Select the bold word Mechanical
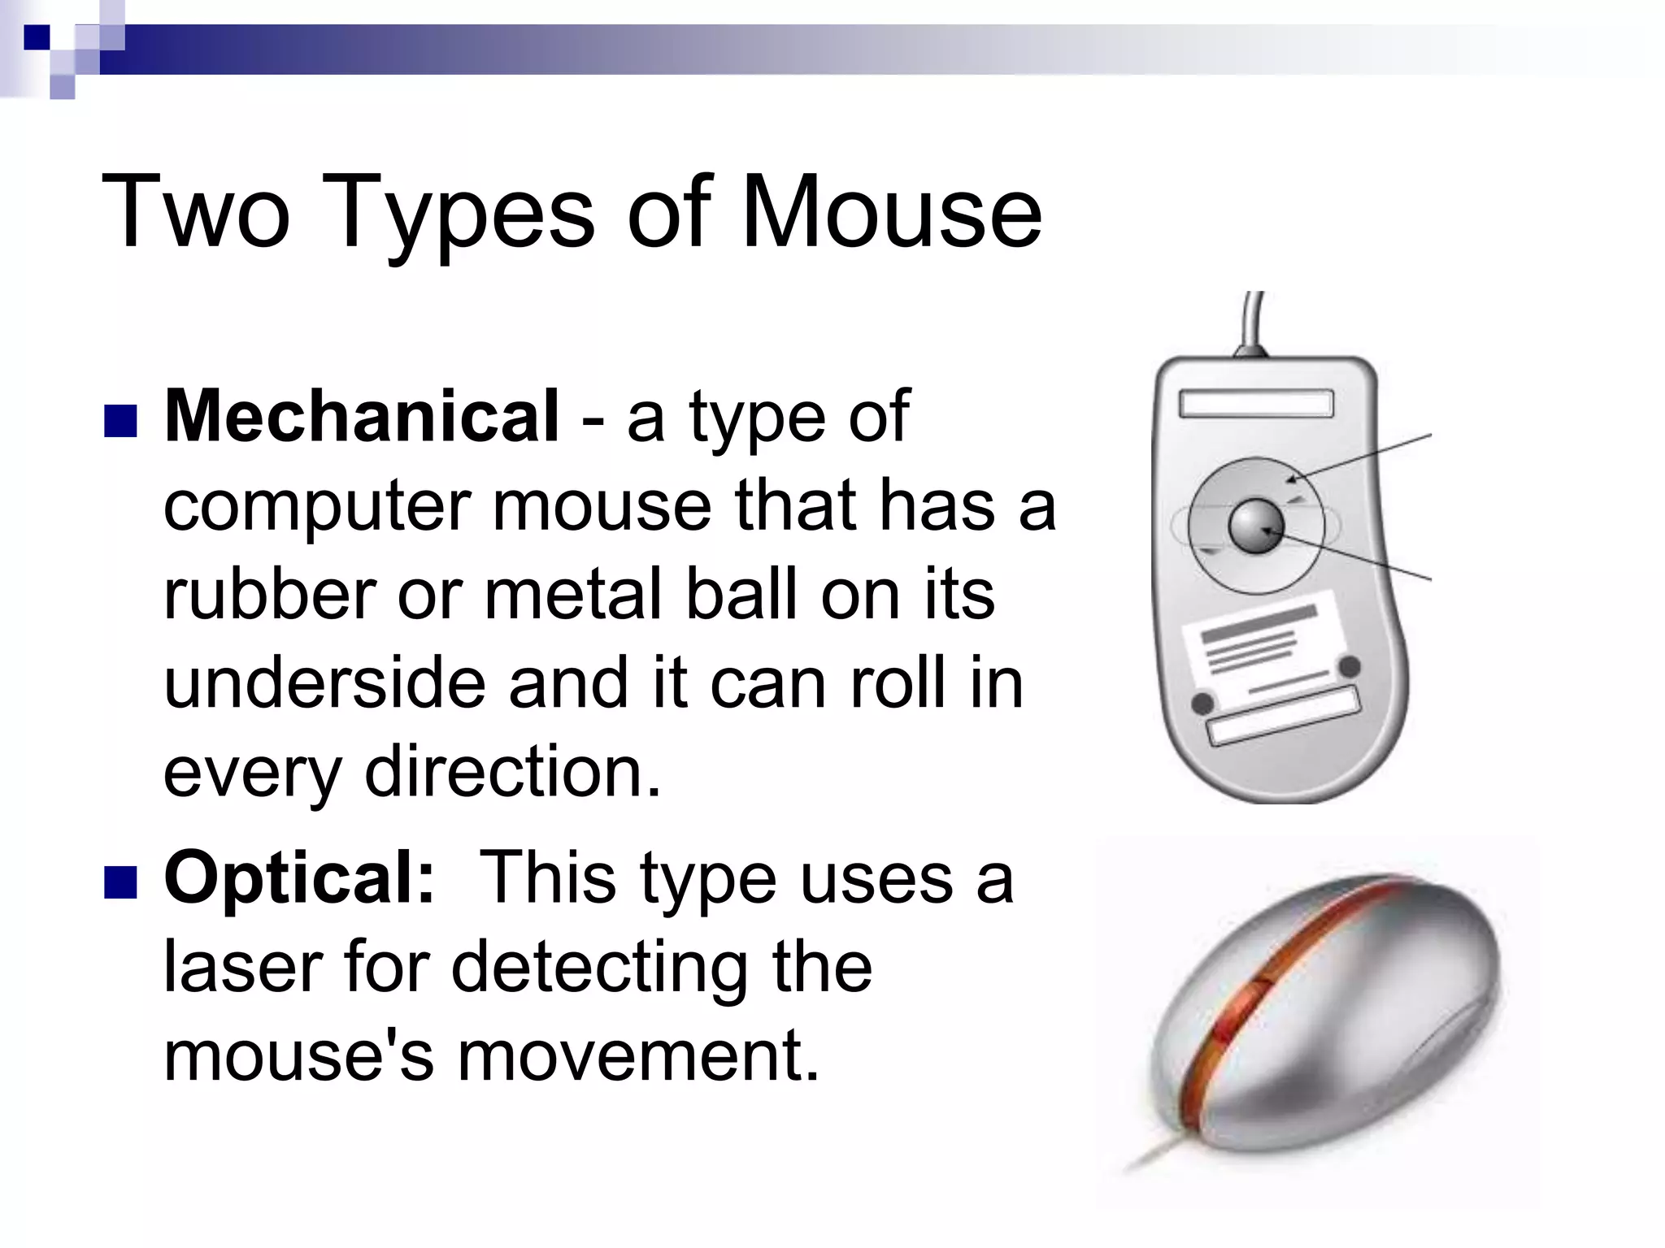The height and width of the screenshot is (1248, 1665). pyautogui.click(x=361, y=416)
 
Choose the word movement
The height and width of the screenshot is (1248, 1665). pyautogui.click(x=637, y=1055)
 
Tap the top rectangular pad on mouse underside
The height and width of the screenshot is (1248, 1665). pyautogui.click(x=1256, y=403)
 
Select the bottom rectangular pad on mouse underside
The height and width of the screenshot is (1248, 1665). pyautogui.click(x=1284, y=715)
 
